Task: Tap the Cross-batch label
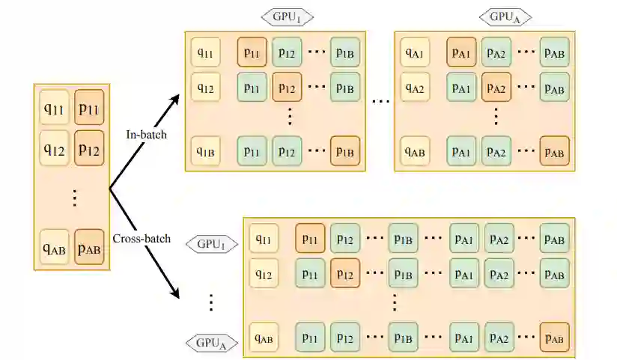142,239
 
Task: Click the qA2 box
414,87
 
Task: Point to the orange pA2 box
496,87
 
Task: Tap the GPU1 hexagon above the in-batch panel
287,16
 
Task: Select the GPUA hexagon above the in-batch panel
506,16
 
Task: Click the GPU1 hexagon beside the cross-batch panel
211,244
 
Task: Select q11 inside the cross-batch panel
263,239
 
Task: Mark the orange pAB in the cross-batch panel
554,338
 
